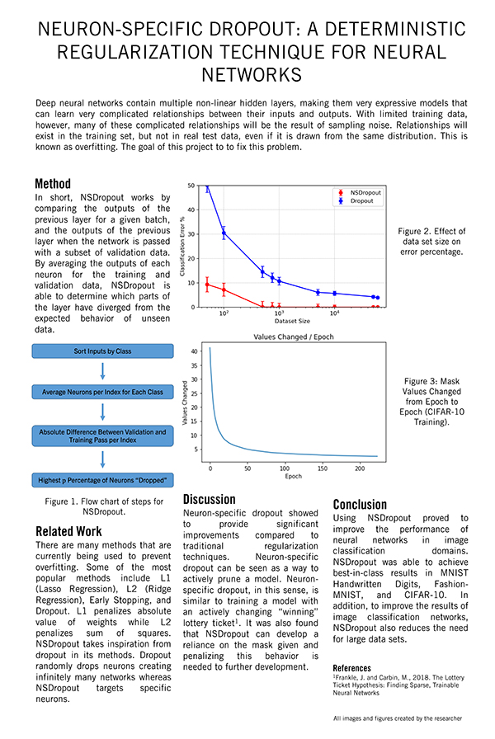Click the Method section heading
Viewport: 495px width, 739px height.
click(53, 183)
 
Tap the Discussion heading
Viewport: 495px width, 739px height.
click(209, 499)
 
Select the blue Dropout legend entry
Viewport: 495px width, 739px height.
click(356, 200)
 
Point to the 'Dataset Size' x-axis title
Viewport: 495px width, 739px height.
click(292, 320)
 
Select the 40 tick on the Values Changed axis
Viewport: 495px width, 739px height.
click(195, 351)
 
